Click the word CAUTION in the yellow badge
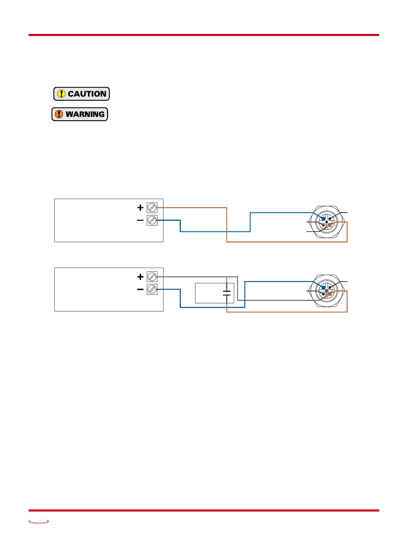tap(87, 94)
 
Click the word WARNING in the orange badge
tap(85, 114)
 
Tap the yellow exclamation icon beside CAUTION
tap(61, 94)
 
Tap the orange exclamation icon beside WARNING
tap(59, 114)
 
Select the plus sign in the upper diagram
tap(140, 208)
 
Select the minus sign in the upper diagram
tap(140, 220)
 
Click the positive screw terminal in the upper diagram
tap(152, 208)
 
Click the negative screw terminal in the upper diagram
tap(152, 220)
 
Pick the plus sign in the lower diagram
tap(140, 277)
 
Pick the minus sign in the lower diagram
tap(140, 290)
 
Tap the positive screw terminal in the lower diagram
tap(152, 277)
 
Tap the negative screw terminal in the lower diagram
tap(152, 289)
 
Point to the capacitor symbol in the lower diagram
tap(227, 293)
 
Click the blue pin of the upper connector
tap(323, 218)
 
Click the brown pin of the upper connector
tap(330, 225)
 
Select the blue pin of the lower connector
tap(323, 288)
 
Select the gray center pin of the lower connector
tap(327, 291)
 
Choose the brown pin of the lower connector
tap(330, 294)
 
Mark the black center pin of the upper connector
tap(327, 222)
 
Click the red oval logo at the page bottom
tap(39, 521)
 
